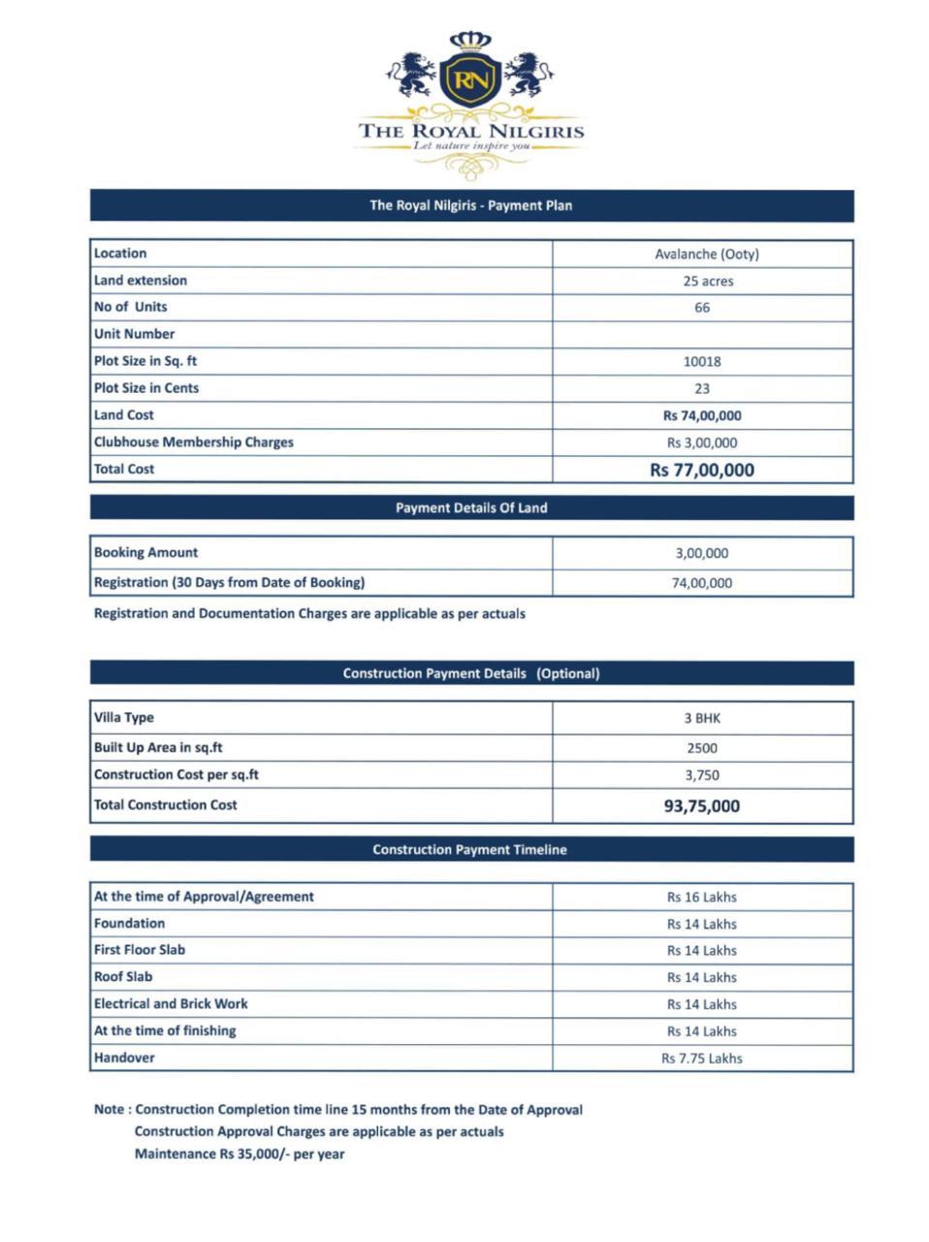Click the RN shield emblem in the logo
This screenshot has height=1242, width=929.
pyautogui.click(x=470, y=79)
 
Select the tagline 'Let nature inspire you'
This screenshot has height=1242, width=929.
pyautogui.click(x=471, y=146)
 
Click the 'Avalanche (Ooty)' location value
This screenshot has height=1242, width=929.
pyautogui.click(x=706, y=254)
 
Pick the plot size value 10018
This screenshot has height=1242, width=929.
pyautogui.click(x=702, y=361)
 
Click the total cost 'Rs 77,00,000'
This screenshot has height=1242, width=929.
pyautogui.click(x=701, y=471)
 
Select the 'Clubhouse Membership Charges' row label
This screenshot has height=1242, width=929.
pyautogui.click(x=194, y=442)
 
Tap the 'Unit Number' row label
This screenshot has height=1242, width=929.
pyautogui.click(x=135, y=334)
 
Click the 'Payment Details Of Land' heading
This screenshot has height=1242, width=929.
pyautogui.click(x=471, y=508)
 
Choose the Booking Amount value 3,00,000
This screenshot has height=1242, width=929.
pyautogui.click(x=702, y=553)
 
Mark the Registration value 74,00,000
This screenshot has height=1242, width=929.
pyautogui.click(x=702, y=583)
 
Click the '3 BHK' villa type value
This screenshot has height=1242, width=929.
pyautogui.click(x=702, y=719)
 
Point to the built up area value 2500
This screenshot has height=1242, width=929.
pyautogui.click(x=702, y=748)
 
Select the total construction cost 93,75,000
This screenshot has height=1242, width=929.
pyautogui.click(x=701, y=806)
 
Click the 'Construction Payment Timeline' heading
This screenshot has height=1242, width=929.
pyautogui.click(x=469, y=850)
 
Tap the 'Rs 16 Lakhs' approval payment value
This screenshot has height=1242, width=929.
pyautogui.click(x=701, y=898)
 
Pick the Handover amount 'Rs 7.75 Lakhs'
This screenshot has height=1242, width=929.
pyautogui.click(x=701, y=1059)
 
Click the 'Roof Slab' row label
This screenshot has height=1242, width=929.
pyautogui.click(x=123, y=977)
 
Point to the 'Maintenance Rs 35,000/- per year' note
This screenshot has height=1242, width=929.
pyautogui.click(x=240, y=1155)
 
